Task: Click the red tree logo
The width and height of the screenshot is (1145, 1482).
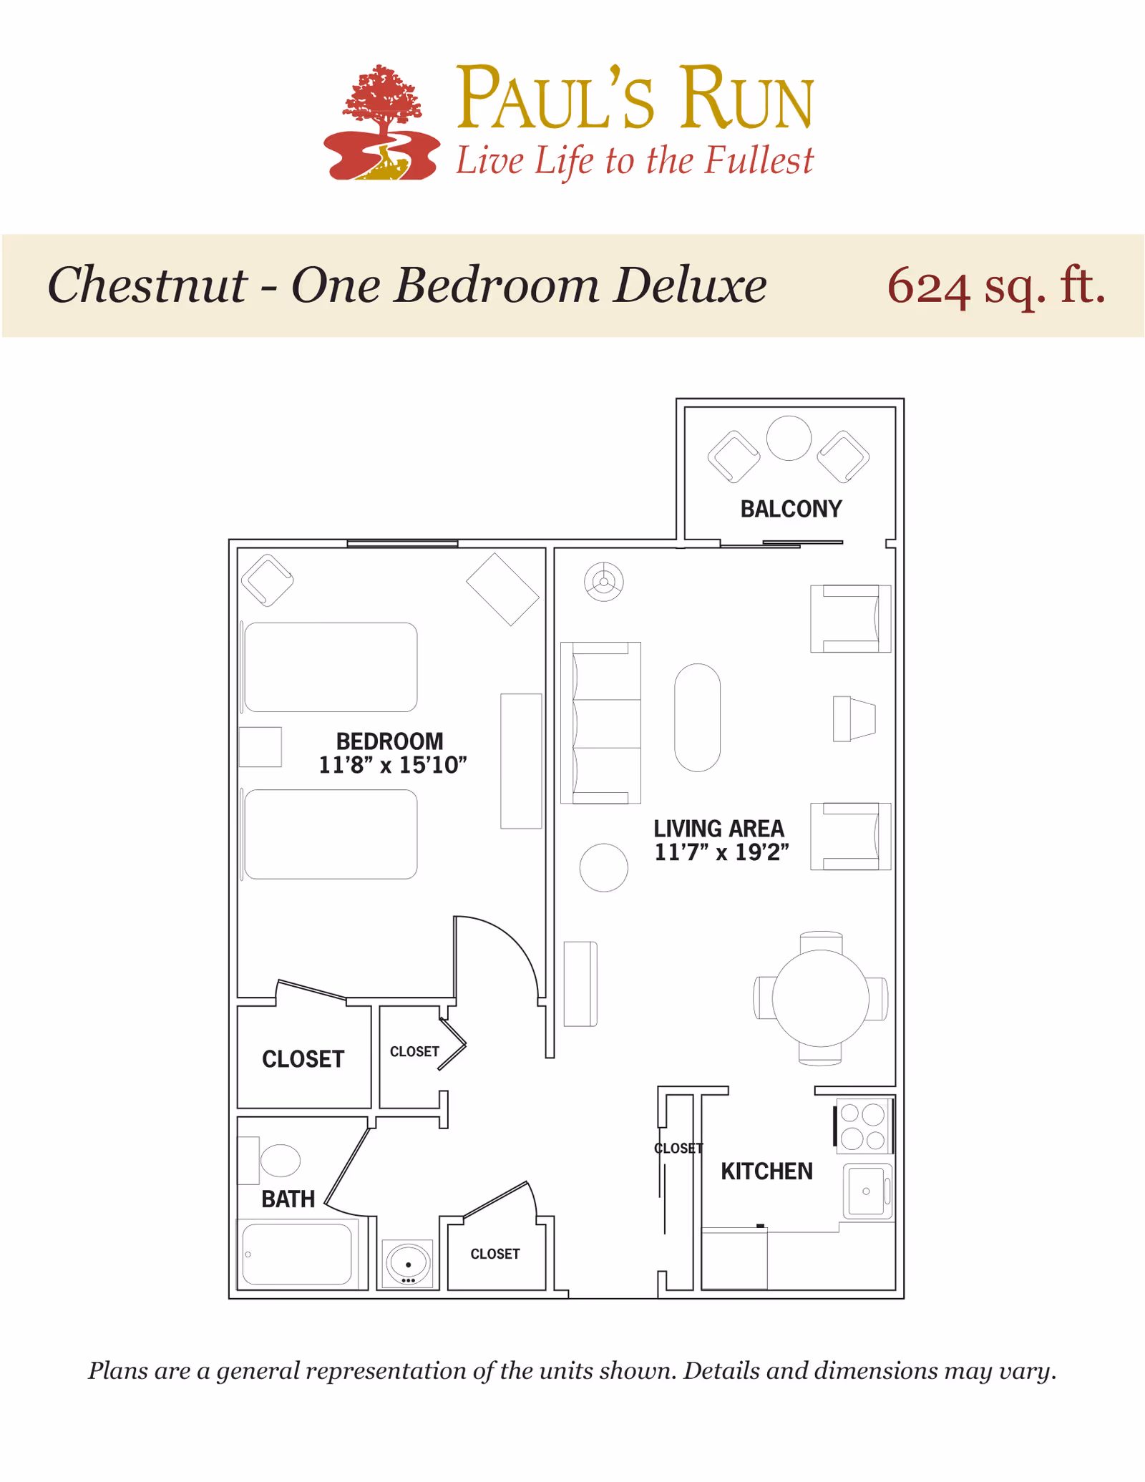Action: pos(381,122)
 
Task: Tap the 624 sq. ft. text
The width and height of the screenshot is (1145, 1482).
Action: pos(996,286)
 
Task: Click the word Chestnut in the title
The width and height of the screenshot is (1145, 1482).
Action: pos(147,285)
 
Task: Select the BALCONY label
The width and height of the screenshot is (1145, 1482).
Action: pos(791,509)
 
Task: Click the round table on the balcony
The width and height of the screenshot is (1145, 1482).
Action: pos(789,438)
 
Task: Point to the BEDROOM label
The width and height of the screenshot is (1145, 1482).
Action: pos(390,741)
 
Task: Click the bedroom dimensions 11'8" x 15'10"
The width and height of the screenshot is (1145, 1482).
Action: pos(393,765)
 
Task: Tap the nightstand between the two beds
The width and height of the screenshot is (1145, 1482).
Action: pos(260,747)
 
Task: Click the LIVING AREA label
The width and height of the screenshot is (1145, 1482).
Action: pos(719,829)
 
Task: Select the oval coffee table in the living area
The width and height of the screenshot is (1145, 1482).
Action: pos(697,718)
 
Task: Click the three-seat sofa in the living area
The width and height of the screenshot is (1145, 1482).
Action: pos(600,723)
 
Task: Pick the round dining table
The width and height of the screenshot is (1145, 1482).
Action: pos(821,998)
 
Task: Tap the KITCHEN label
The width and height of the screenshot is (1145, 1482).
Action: pos(766,1171)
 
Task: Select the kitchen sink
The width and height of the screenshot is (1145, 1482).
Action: pos(867,1191)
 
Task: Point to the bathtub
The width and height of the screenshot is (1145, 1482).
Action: pos(297,1254)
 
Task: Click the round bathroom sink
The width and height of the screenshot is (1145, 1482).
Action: pos(409,1264)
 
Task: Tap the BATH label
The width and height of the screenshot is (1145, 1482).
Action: pos(288,1199)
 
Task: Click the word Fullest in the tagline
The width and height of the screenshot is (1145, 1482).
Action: pos(759,160)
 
